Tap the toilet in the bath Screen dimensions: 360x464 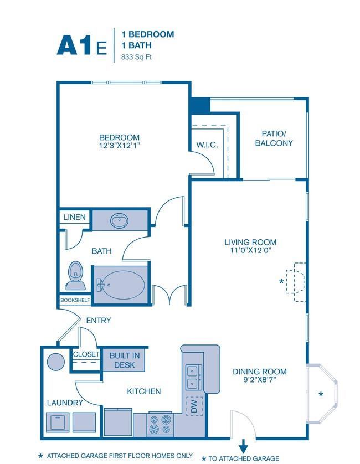coord(75,276)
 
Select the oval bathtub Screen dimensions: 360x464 coord(121,285)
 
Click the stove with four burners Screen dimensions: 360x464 coord(160,424)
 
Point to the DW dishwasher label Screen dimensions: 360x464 coord(194,406)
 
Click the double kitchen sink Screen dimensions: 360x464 coord(194,377)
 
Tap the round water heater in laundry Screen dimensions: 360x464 coord(55,362)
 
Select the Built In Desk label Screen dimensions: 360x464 coord(125,360)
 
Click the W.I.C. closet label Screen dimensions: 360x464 coord(207,145)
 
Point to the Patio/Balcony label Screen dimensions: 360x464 coord(274,138)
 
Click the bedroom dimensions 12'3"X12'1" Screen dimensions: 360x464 coord(119,146)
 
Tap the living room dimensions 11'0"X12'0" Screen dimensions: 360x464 coord(251,250)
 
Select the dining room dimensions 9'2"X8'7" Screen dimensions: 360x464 coord(259,379)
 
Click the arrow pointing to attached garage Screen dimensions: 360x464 coord(243,446)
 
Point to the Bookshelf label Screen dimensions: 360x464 coord(75,300)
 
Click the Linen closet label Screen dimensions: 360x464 coord(74,217)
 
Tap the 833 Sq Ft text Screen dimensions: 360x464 coord(136,57)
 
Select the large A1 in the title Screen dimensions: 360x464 coord(74,45)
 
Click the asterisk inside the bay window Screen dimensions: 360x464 coord(321,394)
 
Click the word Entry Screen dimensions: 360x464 coord(99,321)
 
